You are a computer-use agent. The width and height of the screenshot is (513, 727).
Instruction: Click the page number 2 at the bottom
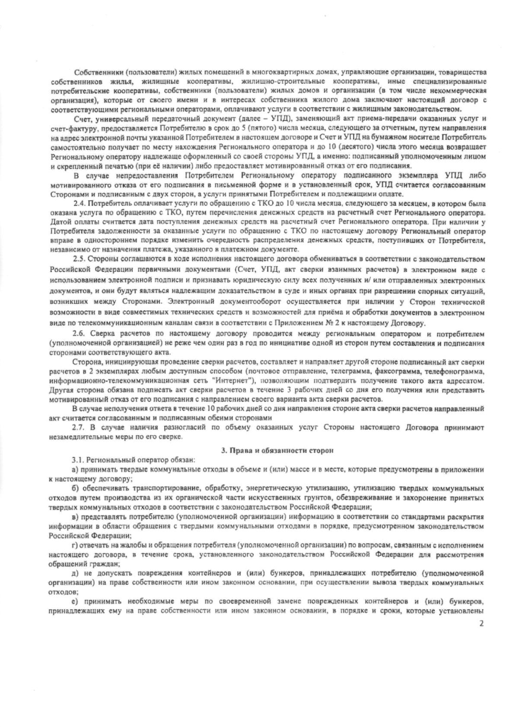tap(481, 623)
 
